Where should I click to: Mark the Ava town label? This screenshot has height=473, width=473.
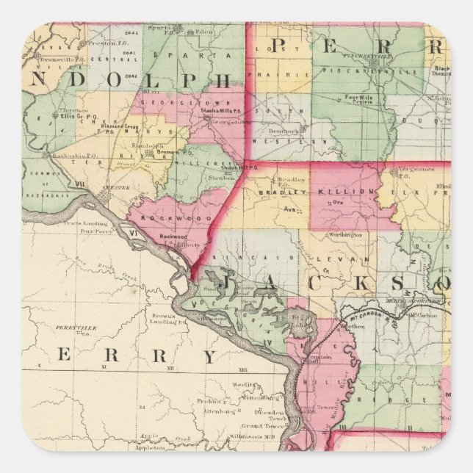[288, 209]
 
